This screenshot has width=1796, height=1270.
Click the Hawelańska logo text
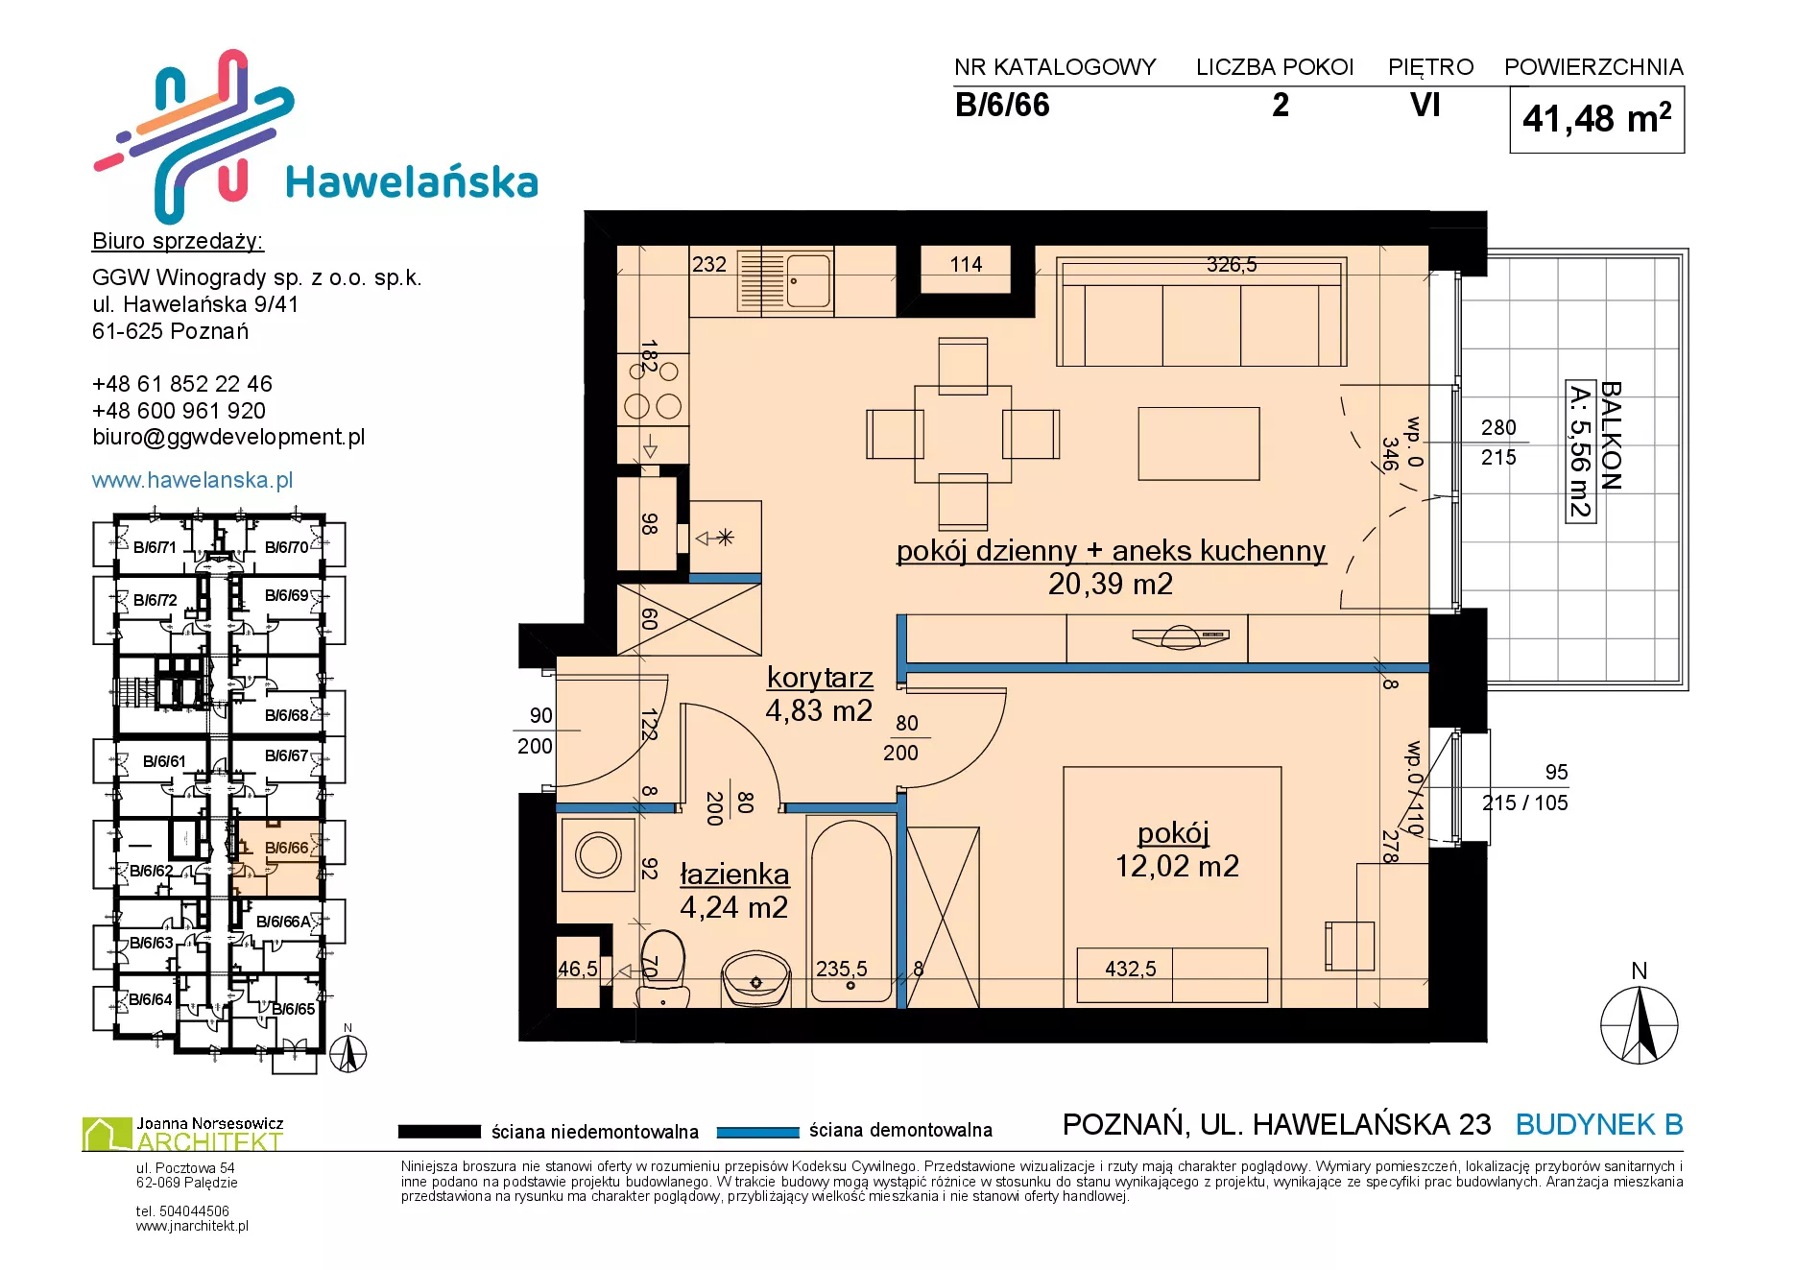pyautogui.click(x=412, y=182)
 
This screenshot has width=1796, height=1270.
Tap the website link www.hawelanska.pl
pyautogui.click(x=192, y=480)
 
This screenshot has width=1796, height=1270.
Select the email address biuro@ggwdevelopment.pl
pyautogui.click(x=228, y=438)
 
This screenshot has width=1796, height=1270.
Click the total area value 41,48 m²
pyautogui.click(x=1597, y=119)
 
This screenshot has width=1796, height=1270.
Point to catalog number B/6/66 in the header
pyautogui.click(x=1002, y=105)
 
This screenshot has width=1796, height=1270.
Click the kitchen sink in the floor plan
pyautogui.click(x=785, y=280)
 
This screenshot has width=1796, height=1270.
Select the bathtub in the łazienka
pyautogui.click(x=851, y=910)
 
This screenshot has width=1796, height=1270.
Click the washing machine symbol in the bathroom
pyautogui.click(x=598, y=854)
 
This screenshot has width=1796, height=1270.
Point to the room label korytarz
pyautogui.click(x=820, y=678)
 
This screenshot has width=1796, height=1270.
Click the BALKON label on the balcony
pyautogui.click(x=1612, y=435)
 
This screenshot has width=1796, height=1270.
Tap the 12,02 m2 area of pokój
pyautogui.click(x=1177, y=867)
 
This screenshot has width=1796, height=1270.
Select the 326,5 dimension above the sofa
pyautogui.click(x=1232, y=264)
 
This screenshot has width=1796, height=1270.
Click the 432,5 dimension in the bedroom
pyautogui.click(x=1131, y=969)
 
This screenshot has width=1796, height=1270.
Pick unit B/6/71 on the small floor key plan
pyautogui.click(x=155, y=548)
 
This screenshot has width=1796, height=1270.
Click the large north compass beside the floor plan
pyautogui.click(x=1640, y=1024)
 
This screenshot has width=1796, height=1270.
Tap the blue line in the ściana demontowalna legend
pyautogui.click(x=758, y=1132)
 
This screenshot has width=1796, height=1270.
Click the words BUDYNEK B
pyautogui.click(x=1599, y=1124)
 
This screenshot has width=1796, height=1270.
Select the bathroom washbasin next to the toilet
pyautogui.click(x=755, y=977)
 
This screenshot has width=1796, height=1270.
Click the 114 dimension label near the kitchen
pyautogui.click(x=967, y=265)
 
